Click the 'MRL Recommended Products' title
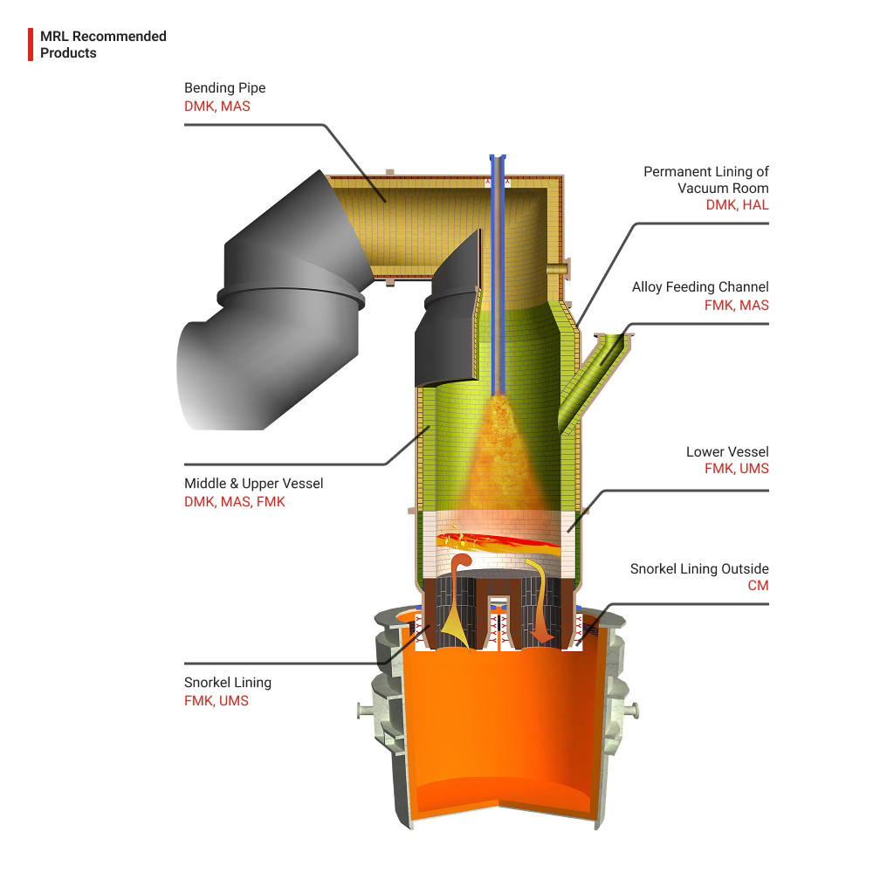[103, 45]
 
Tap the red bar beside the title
[31, 45]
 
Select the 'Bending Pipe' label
[225, 88]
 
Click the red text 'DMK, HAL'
[737, 205]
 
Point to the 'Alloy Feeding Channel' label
[700, 286]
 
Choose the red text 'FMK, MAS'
[737, 305]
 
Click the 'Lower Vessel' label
[727, 451]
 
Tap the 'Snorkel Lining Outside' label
[699, 568]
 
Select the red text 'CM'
[759, 585]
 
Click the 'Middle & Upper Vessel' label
[253, 484]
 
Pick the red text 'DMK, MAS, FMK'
[234, 502]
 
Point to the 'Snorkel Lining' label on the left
[228, 683]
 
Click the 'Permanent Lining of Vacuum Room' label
[706, 180]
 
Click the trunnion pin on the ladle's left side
[364, 711]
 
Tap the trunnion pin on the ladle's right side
[632, 711]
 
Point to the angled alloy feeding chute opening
[613, 341]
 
